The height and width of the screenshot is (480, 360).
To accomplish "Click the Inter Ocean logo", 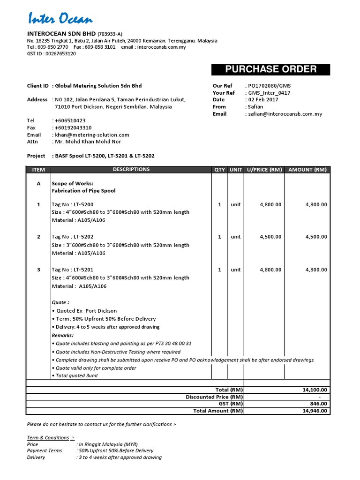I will click(60, 19).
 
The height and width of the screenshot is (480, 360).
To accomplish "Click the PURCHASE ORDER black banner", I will click(270, 69).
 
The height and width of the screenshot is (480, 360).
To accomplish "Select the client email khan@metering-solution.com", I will click(92, 135).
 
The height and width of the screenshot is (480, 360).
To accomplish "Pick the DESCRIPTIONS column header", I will click(131, 170).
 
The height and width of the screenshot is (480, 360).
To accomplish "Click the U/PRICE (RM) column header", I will click(264, 170).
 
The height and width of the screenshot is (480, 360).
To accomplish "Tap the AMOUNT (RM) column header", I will click(307, 170).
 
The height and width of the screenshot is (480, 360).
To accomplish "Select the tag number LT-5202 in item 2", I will click(82, 237).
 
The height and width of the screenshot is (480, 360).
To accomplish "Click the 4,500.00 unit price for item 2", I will click(270, 237).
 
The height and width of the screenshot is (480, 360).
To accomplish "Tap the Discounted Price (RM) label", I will click(214, 397).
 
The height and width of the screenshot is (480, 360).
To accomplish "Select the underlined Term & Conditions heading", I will click(48, 438).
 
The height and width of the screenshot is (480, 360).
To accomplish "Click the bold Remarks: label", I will click(62, 336).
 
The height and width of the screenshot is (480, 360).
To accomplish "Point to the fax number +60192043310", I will click(73, 128).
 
